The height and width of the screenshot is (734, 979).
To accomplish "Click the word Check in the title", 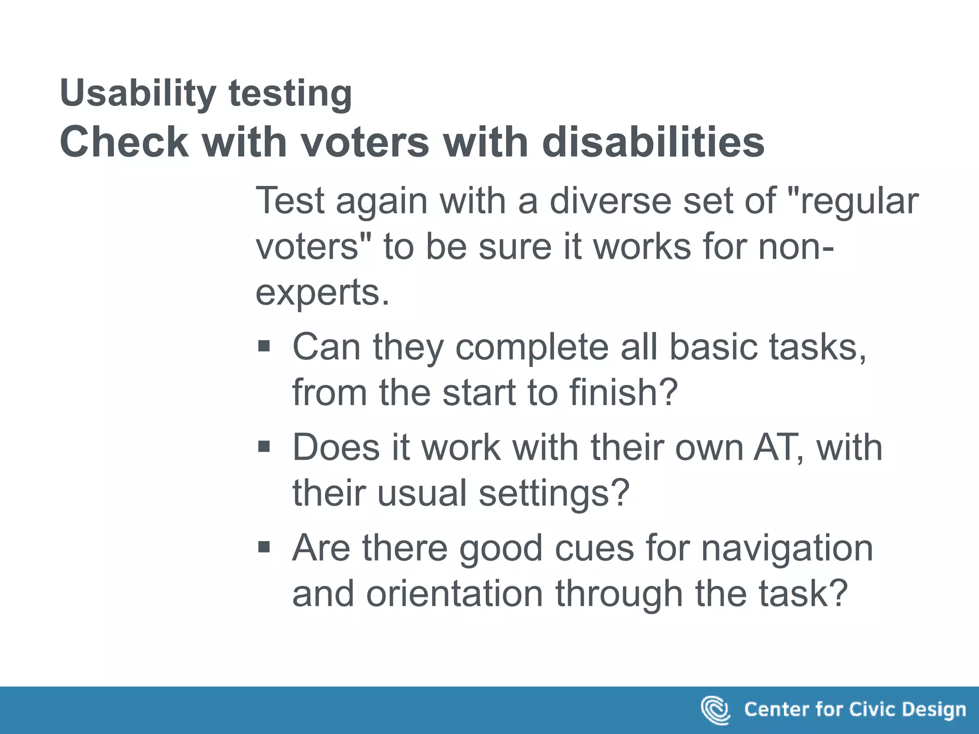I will click(124, 142).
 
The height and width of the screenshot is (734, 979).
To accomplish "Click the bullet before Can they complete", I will click(264, 345).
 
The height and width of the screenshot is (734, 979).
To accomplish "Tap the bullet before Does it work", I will click(264, 446).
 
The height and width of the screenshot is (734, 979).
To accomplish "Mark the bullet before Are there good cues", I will click(264, 547).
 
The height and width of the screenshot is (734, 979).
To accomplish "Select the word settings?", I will click(554, 493).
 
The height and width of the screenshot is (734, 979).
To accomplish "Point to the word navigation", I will click(787, 548).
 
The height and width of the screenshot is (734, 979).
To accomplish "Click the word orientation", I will click(455, 594).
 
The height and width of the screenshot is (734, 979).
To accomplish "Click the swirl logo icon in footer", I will click(715, 710).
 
